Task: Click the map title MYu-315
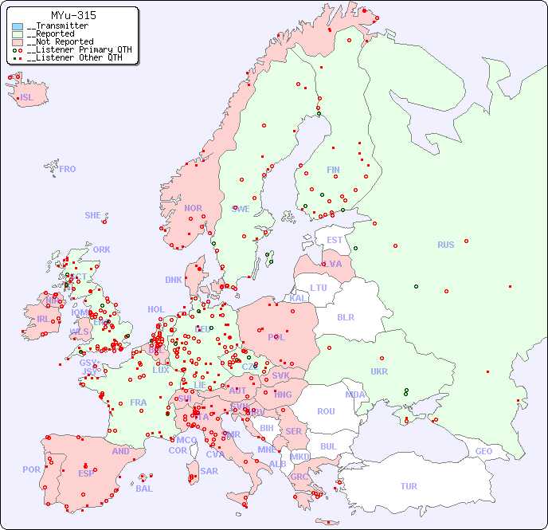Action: pyautogui.click(x=73, y=15)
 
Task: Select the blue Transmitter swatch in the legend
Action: pyautogui.click(x=18, y=26)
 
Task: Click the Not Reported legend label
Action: pyautogui.click(x=60, y=41)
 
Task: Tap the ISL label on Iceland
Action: pyautogui.click(x=27, y=98)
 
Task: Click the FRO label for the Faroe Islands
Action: pyautogui.click(x=68, y=169)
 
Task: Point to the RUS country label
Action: pyautogui.click(x=445, y=245)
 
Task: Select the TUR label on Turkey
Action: pyautogui.click(x=409, y=486)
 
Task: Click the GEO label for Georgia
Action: pyautogui.click(x=483, y=451)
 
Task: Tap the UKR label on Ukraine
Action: pyautogui.click(x=379, y=371)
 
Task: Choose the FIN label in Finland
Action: pyautogui.click(x=333, y=170)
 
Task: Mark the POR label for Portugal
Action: pyautogui.click(x=31, y=469)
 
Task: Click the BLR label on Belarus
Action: pyautogui.click(x=345, y=316)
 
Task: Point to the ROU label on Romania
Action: pyautogui.click(x=326, y=411)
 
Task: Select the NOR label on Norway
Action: pyautogui.click(x=193, y=208)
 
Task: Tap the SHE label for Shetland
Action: pyautogui.click(x=93, y=215)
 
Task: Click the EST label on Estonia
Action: pyautogui.click(x=335, y=240)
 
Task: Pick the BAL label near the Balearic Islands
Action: pyautogui.click(x=144, y=489)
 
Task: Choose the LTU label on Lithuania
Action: pyautogui.click(x=319, y=288)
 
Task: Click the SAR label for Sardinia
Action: pyautogui.click(x=209, y=471)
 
